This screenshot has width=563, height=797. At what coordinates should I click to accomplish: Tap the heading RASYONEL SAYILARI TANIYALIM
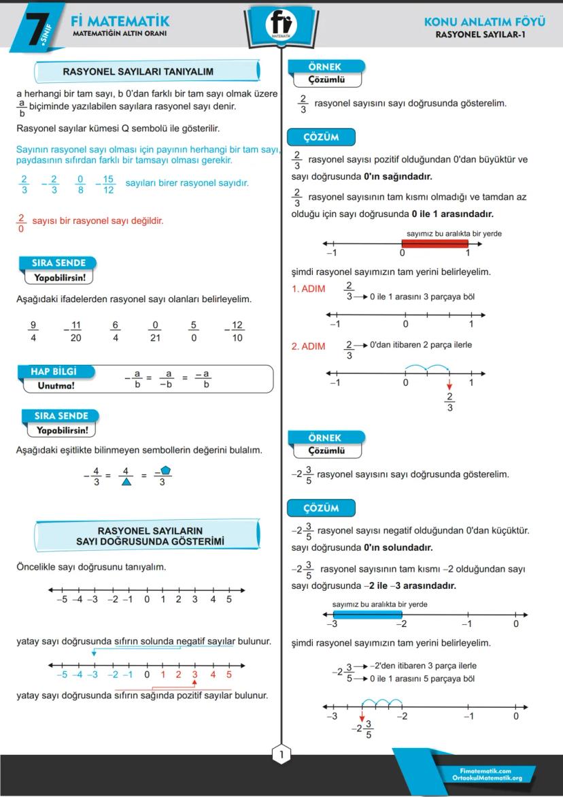(x=138, y=71)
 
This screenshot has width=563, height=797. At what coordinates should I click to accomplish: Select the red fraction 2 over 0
(x=21, y=223)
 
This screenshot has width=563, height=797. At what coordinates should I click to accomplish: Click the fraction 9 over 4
(x=33, y=331)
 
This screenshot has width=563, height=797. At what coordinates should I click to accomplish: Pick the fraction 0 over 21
(x=155, y=331)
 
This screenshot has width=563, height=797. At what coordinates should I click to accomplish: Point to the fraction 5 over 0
(x=194, y=331)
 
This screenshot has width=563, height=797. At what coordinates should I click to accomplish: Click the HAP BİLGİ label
(x=54, y=372)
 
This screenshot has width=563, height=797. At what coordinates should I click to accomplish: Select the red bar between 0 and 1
(x=434, y=244)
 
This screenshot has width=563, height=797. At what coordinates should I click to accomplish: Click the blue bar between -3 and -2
(x=367, y=615)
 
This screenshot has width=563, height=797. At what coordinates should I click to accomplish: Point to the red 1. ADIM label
(x=308, y=289)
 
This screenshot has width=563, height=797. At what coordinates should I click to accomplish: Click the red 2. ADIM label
(x=308, y=346)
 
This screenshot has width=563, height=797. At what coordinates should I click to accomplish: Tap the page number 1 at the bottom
(x=281, y=754)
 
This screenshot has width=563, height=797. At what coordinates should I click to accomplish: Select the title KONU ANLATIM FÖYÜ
(x=484, y=22)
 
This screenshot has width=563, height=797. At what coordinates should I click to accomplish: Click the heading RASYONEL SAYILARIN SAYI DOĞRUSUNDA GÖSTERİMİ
(x=150, y=536)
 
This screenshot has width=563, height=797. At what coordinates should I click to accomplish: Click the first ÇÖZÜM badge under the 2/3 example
(x=322, y=137)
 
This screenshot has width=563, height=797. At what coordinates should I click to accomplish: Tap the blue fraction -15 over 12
(x=107, y=184)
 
